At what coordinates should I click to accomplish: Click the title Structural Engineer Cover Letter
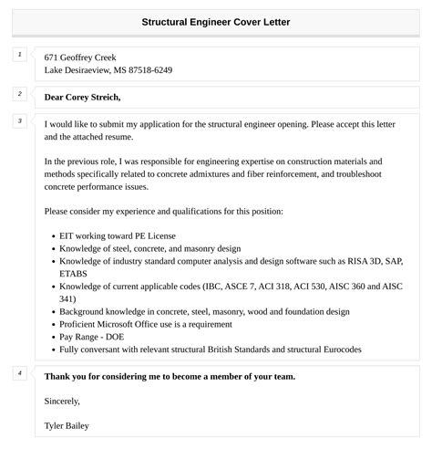click(216, 21)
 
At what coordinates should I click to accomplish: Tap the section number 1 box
click(19, 56)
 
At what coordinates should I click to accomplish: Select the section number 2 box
click(19, 94)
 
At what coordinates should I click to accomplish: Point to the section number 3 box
click(19, 121)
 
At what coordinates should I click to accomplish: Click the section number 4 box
click(19, 373)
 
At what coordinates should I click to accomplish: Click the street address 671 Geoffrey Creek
click(80, 57)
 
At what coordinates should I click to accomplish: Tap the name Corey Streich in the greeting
click(93, 97)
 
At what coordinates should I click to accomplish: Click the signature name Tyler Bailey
click(67, 424)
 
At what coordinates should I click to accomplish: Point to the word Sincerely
click(62, 400)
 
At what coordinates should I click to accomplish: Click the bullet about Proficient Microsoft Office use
click(151, 323)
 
